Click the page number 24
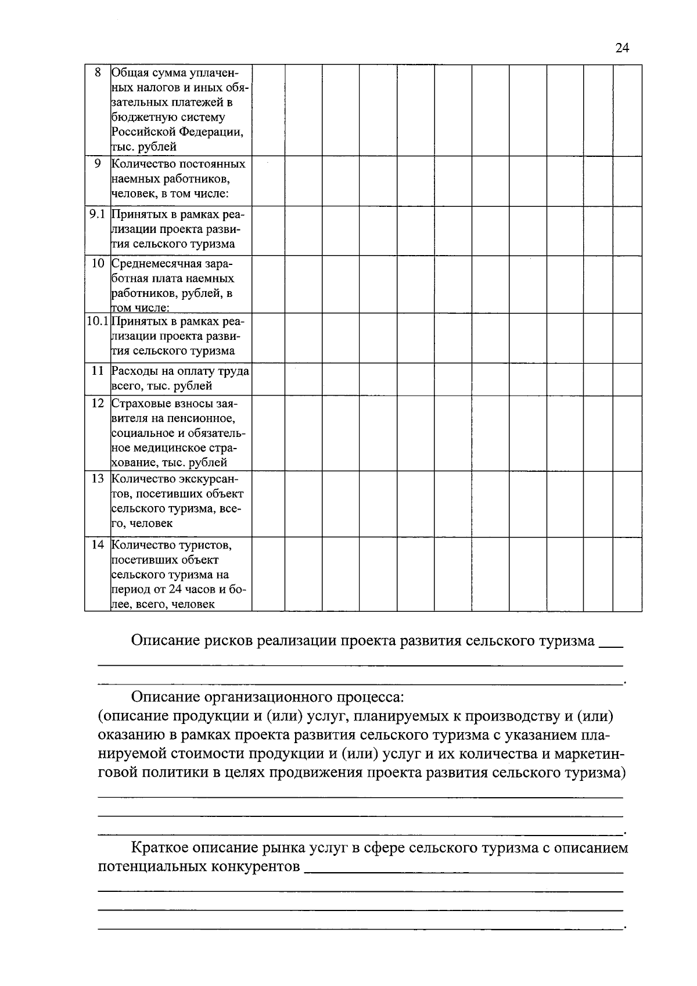click(621, 48)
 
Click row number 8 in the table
click(98, 73)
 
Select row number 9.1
click(98, 214)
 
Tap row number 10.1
click(98, 321)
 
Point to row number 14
click(98, 544)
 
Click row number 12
click(98, 403)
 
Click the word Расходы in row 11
click(133, 371)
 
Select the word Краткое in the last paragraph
click(160, 848)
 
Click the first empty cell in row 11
click(268, 379)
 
